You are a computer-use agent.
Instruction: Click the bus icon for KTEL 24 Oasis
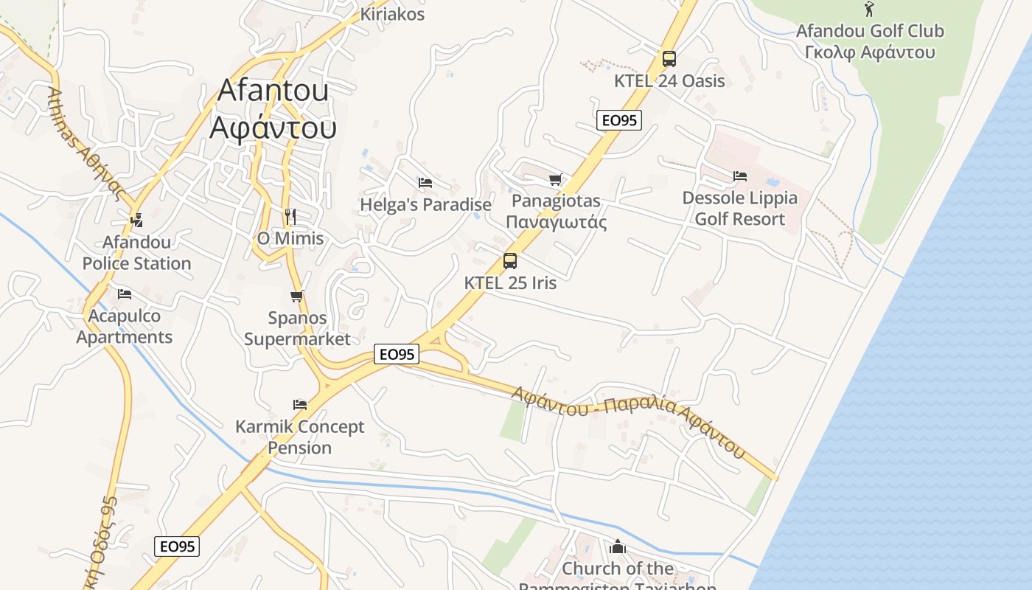(669, 59)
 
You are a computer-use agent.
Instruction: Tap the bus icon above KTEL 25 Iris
(510, 260)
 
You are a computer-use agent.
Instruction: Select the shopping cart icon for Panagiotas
(556, 179)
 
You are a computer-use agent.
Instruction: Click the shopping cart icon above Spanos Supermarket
(297, 296)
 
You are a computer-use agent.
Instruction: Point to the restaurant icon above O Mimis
(290, 217)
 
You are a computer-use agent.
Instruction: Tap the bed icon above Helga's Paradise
(425, 183)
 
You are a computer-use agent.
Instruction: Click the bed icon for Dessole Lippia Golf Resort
(740, 176)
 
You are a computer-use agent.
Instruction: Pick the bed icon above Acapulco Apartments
(125, 294)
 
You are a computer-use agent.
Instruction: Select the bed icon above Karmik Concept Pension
(299, 405)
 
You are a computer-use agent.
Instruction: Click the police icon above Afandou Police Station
(136, 220)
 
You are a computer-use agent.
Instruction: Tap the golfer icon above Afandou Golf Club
(870, 10)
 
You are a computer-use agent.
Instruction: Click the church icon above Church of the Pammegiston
(618, 547)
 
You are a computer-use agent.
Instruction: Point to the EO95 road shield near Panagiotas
(619, 120)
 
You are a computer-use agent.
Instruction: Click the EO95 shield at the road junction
(397, 355)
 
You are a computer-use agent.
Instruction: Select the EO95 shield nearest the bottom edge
(177, 546)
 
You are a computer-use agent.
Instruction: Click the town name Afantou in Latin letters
(273, 90)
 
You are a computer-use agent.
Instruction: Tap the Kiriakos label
(392, 14)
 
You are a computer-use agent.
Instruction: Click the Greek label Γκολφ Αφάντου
(870, 52)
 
